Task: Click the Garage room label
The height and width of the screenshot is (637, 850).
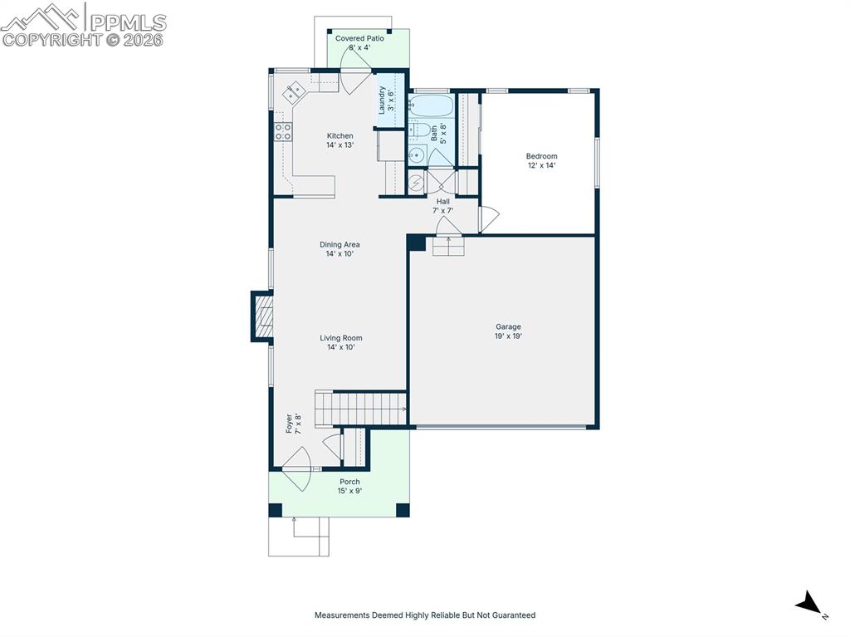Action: click(x=508, y=331)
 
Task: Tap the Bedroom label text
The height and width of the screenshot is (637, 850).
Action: click(x=541, y=160)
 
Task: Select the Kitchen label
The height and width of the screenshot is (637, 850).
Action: click(x=340, y=140)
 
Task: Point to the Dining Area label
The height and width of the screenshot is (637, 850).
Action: click(x=340, y=249)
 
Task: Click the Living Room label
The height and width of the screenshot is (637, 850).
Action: click(x=341, y=342)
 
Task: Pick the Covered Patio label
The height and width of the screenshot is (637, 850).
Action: click(x=359, y=43)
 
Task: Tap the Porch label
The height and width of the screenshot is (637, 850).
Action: click(x=349, y=487)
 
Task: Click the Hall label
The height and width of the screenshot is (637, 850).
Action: click(x=443, y=206)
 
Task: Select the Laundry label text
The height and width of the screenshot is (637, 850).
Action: click(x=386, y=100)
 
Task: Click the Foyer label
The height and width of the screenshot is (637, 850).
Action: click(x=293, y=424)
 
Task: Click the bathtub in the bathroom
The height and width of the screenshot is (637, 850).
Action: click(x=432, y=106)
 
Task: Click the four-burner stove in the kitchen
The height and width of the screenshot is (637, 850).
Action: click(x=283, y=131)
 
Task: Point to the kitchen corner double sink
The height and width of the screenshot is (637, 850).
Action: click(x=293, y=93)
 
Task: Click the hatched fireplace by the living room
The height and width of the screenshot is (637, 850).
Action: click(x=263, y=316)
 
